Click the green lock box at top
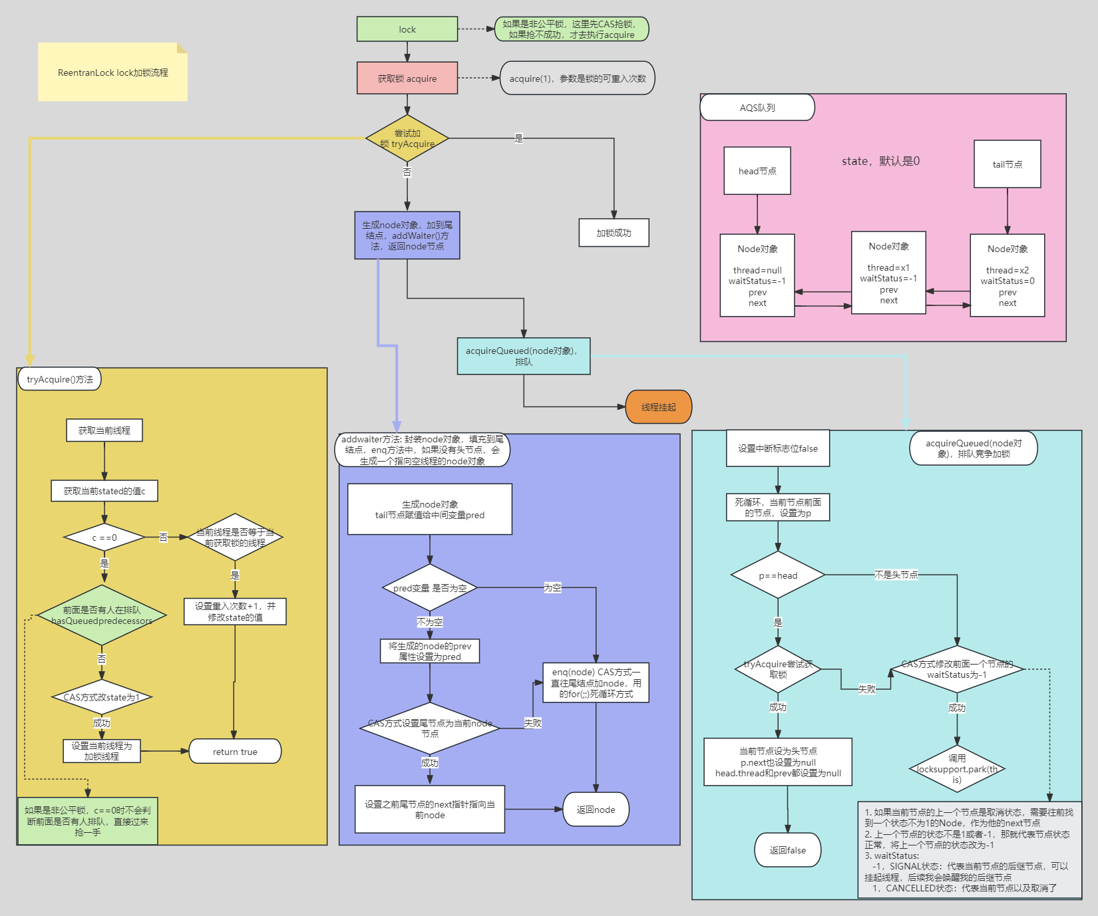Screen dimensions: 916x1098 click(x=407, y=29)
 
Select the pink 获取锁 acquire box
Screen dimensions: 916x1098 click(x=407, y=78)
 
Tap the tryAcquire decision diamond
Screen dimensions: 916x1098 click(x=407, y=138)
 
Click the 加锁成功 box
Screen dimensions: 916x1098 click(x=613, y=233)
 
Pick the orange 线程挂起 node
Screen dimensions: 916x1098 click(x=658, y=407)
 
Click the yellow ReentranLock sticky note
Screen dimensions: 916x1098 click(x=112, y=73)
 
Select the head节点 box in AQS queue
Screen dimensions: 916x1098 click(x=757, y=171)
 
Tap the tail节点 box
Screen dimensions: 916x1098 click(x=1007, y=164)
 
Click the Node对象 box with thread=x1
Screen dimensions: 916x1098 click(x=888, y=273)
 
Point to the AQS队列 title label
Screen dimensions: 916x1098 click(x=757, y=108)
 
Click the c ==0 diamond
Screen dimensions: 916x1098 click(x=104, y=537)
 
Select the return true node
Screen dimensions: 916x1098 click(x=235, y=752)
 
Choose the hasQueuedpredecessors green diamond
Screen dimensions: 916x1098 click(x=102, y=615)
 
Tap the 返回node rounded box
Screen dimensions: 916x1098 click(x=596, y=810)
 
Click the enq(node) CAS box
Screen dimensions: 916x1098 click(x=596, y=683)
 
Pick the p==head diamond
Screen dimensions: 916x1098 click(x=777, y=575)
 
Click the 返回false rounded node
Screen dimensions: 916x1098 click(x=787, y=850)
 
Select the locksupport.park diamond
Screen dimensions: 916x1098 click(x=957, y=769)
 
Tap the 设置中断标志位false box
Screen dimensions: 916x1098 click(x=777, y=448)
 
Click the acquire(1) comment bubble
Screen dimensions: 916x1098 click(x=577, y=78)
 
